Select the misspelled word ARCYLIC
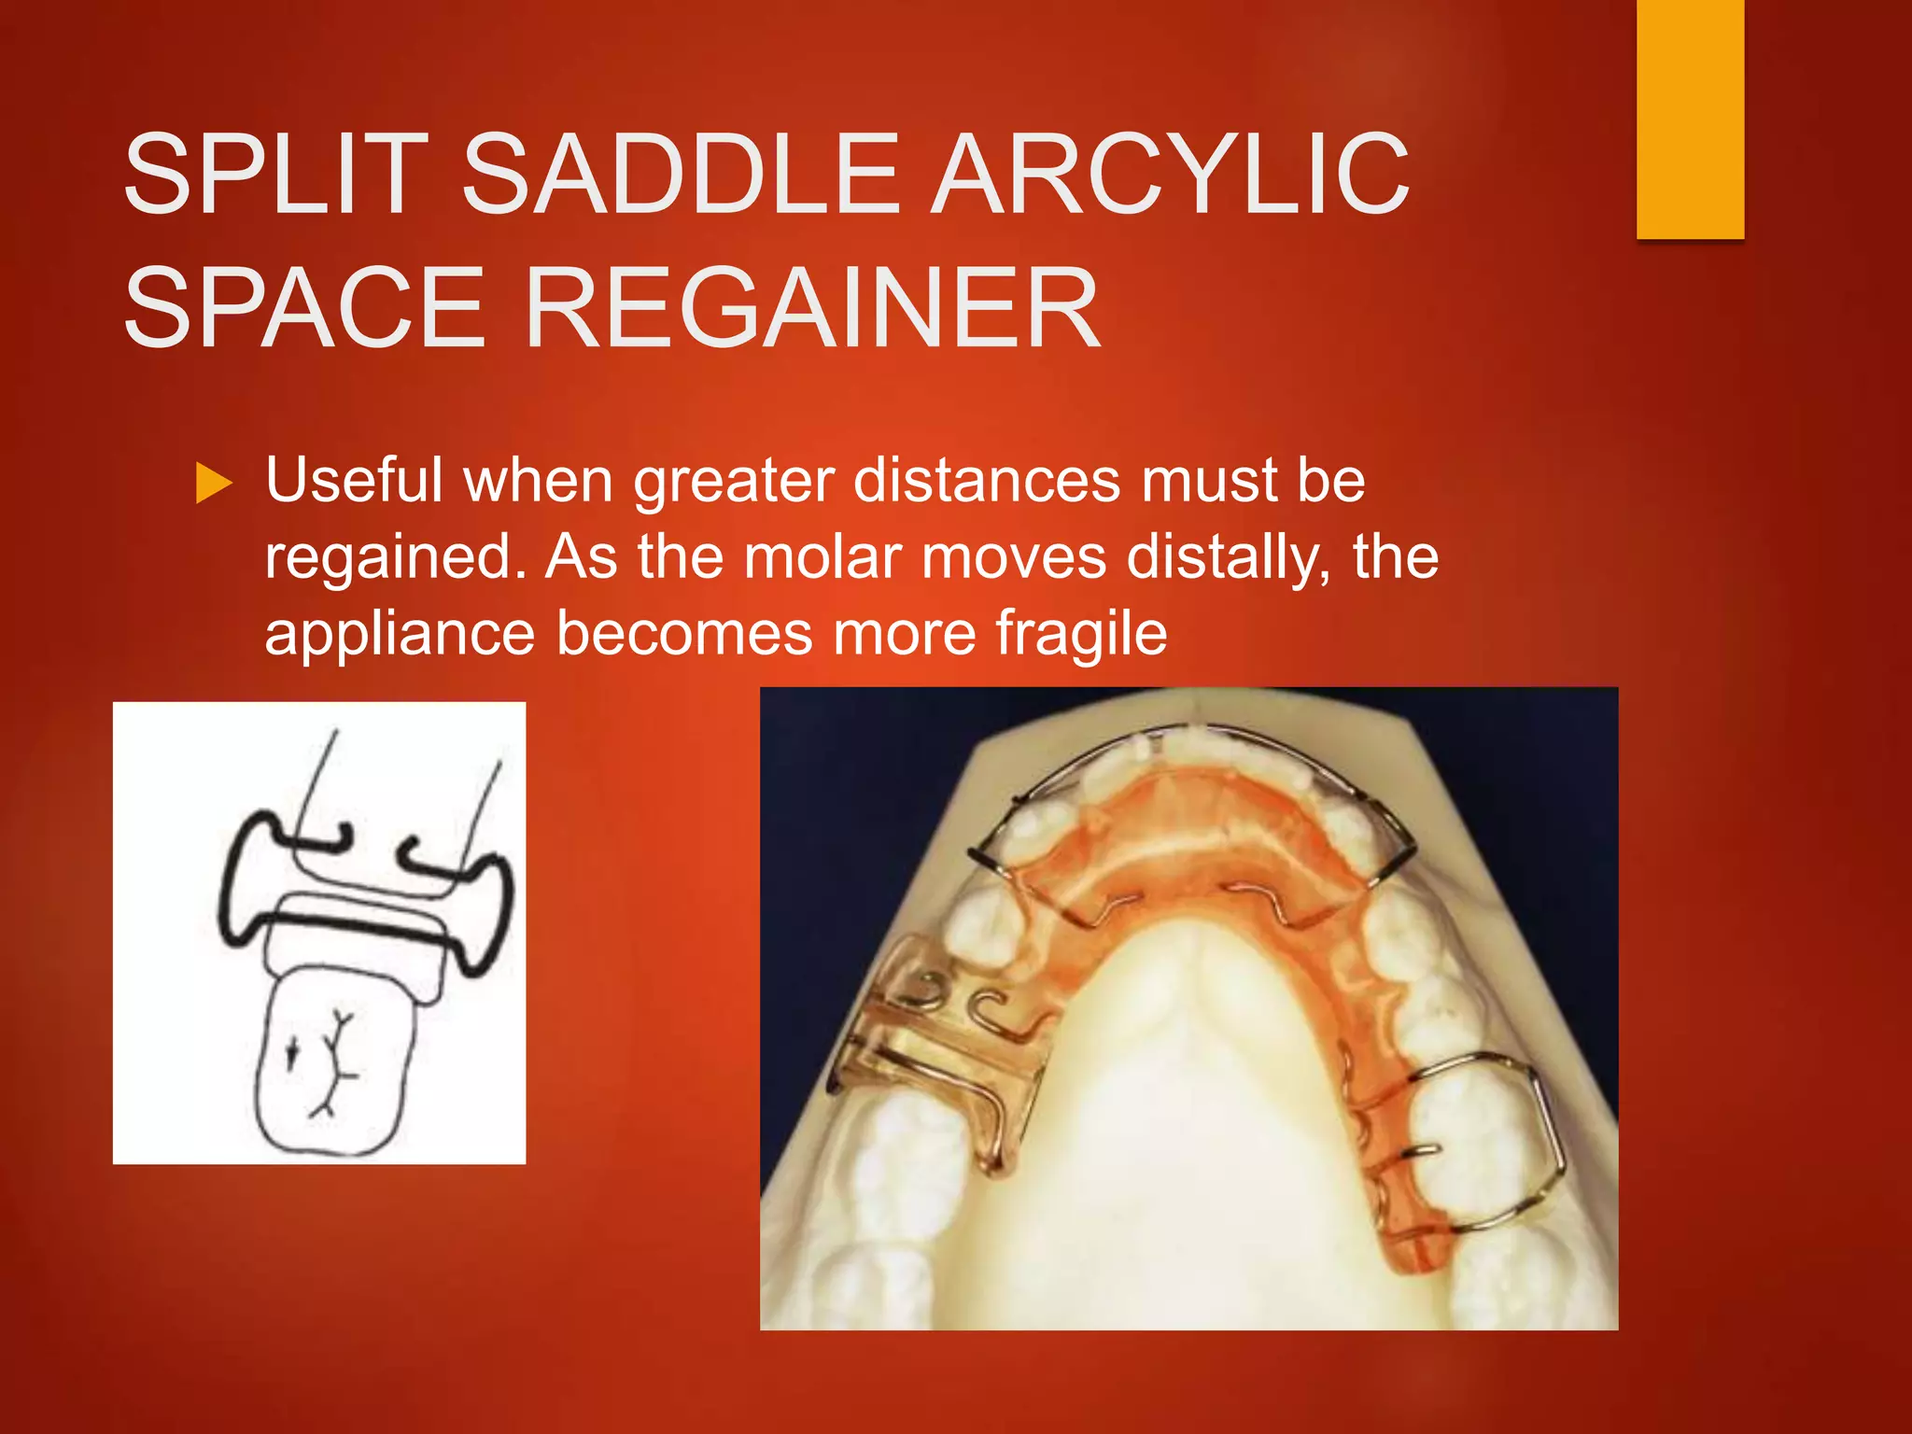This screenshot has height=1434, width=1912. point(1172,175)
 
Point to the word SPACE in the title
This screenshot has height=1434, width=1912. point(305,308)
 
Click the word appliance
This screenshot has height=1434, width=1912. point(400,634)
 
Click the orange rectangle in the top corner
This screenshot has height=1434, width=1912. point(1690,119)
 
